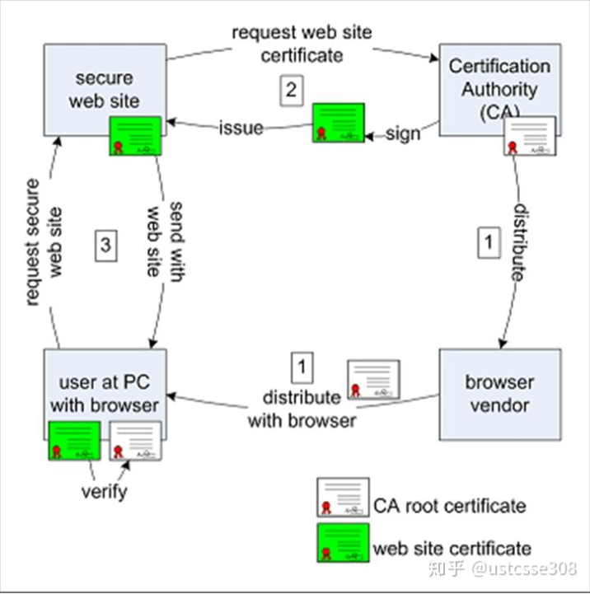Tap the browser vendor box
pos(499,393)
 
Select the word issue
pos(241,128)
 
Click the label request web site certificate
pos(301,44)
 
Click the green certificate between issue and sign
pos(338,123)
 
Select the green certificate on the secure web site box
pos(136,136)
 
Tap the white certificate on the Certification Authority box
pos(529,136)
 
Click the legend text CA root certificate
pos(450,504)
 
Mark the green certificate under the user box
pos(74,441)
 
